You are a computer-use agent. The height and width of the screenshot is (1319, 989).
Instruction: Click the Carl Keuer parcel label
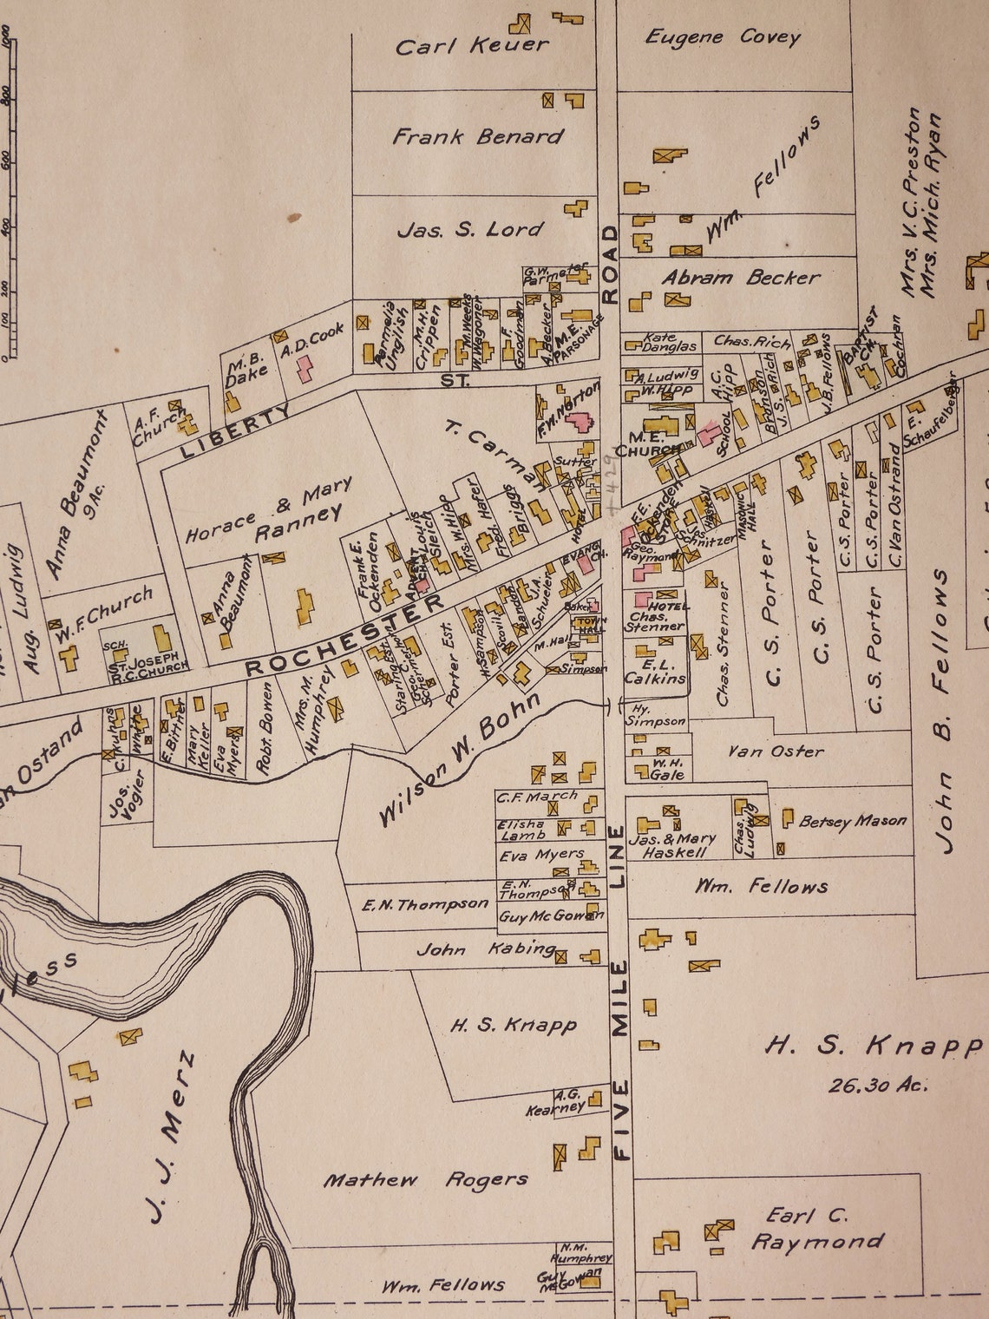coord(472,45)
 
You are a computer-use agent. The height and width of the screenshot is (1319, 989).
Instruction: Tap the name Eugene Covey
coord(723,36)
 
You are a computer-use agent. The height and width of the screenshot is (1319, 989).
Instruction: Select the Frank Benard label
coord(477,136)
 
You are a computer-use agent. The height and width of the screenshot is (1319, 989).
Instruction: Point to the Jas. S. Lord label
coord(469,230)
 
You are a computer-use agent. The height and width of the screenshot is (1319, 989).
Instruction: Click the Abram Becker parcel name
coord(740,278)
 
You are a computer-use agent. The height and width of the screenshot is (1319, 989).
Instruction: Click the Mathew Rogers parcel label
coord(425,1180)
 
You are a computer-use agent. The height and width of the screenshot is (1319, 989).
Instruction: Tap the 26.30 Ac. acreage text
coord(877,1085)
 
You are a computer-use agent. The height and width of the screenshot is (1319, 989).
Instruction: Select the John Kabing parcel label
coord(485,949)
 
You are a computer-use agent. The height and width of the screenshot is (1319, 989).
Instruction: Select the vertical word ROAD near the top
coord(610,264)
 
